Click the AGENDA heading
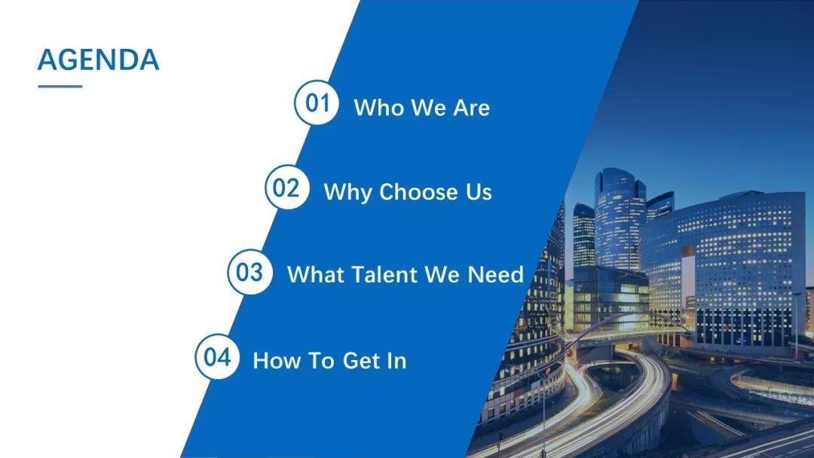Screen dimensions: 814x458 (x=98, y=59)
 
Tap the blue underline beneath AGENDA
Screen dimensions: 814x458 (x=60, y=86)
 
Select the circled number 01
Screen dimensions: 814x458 (x=317, y=102)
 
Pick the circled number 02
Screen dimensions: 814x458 (x=287, y=188)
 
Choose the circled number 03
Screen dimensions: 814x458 (x=249, y=272)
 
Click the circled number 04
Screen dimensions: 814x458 (x=218, y=357)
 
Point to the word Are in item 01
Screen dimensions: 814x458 (x=471, y=108)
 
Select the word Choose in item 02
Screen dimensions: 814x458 (x=419, y=192)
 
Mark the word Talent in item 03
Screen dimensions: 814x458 (x=385, y=274)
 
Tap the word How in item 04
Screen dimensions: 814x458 (x=276, y=361)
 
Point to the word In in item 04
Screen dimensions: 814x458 (x=396, y=361)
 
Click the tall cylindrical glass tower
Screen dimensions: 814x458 (x=619, y=218)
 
